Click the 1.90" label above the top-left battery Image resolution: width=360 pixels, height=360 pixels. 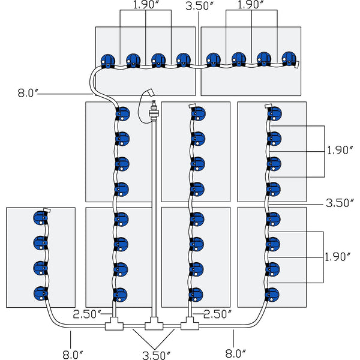tap(145, 5)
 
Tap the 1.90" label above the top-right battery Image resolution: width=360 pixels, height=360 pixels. tap(251, 5)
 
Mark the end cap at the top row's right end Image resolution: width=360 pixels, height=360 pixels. tap(298, 62)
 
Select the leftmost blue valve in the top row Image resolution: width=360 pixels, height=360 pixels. tap(108, 59)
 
